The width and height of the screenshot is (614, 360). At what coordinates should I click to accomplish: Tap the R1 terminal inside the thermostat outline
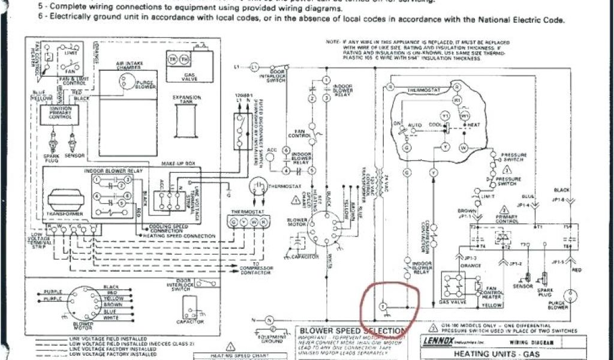457,101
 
